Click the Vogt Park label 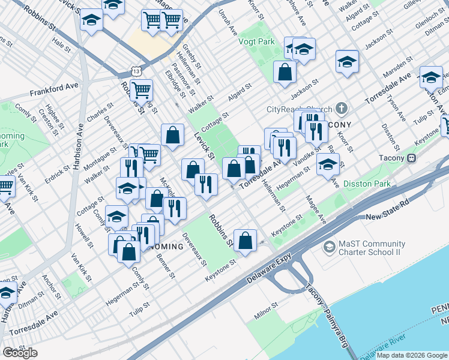[x=259, y=41]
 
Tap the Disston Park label [x=367, y=184]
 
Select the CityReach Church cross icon [x=342, y=109]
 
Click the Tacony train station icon [x=412, y=158]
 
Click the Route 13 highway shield [x=137, y=71]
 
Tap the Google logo [x=20, y=353]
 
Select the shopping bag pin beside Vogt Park [x=285, y=71]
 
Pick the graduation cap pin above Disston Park [x=328, y=164]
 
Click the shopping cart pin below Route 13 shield [x=141, y=90]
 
